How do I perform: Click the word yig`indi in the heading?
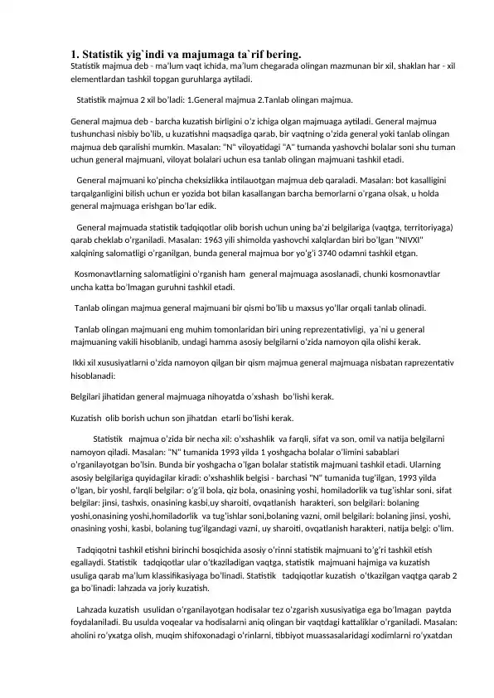pos(137,53)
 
